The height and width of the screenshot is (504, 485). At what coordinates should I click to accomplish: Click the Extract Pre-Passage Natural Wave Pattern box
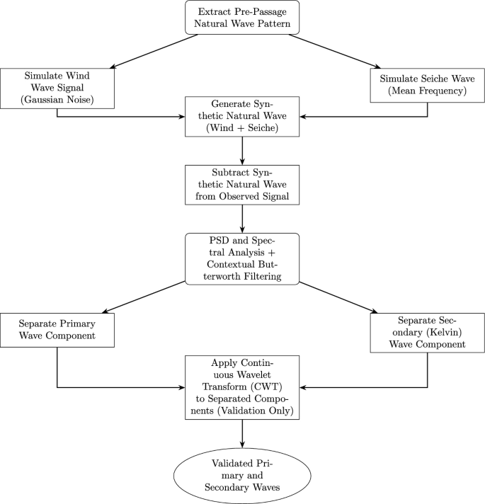(x=242, y=18)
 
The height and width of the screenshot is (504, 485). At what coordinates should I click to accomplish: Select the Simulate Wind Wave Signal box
(x=57, y=88)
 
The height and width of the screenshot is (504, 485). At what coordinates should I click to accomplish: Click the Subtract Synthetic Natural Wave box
(x=242, y=185)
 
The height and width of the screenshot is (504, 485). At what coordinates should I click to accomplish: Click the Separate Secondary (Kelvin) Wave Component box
(x=428, y=332)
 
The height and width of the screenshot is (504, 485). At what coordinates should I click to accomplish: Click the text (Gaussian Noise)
(x=57, y=100)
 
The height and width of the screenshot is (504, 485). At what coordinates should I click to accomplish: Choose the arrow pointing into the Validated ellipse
(x=242, y=433)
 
